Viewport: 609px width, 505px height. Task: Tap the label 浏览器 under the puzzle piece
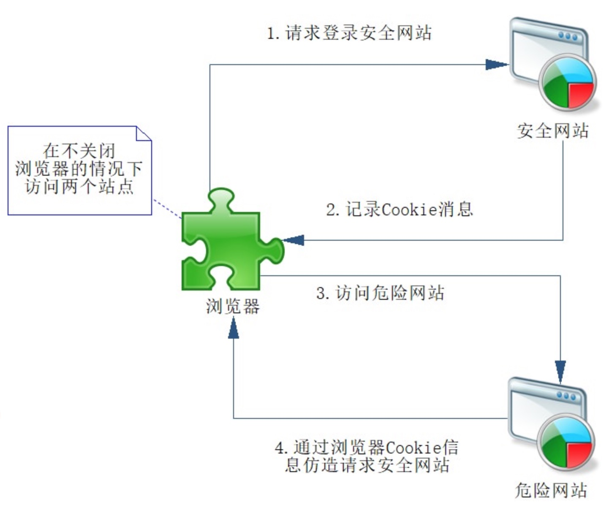233,307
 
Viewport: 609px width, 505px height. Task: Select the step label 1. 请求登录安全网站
349,33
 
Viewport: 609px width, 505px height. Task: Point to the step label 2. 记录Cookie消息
399,209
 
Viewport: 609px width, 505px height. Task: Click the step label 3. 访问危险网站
380,293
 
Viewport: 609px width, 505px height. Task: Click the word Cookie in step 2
409,209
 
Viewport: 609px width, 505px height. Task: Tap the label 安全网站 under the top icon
553,131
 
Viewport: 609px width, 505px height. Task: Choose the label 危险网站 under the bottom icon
551,490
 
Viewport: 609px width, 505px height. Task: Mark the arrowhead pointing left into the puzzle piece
293,240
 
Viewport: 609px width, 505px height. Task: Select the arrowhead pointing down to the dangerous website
560,371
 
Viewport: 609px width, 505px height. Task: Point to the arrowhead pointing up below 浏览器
233,329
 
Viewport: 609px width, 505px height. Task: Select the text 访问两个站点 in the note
79,186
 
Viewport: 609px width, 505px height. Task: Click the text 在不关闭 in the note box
79,151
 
